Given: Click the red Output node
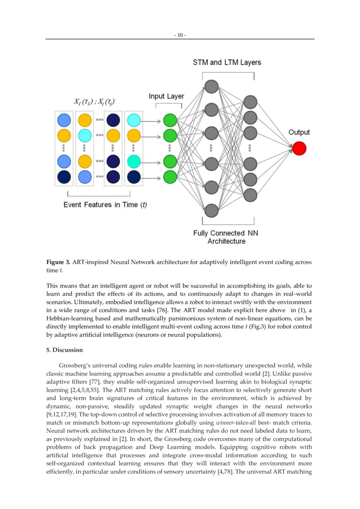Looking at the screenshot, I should [299, 148].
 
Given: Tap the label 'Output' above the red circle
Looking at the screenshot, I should [299, 132].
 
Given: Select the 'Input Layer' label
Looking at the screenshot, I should [166, 96].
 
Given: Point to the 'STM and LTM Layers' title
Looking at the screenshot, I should [227, 62].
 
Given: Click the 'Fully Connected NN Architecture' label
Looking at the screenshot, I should [226, 237].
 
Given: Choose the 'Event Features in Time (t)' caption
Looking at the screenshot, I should [105, 205].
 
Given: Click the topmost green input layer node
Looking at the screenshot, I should [170, 120].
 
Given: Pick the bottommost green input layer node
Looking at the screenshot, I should [170, 177].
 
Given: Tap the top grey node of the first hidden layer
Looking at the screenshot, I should [211, 86].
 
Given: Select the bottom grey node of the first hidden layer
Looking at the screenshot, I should [211, 210].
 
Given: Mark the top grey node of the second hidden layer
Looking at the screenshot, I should [250, 102].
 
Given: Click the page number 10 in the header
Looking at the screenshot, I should [180, 35].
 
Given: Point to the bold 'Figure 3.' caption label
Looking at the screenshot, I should [58, 263].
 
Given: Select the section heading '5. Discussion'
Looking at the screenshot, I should [64, 350].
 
